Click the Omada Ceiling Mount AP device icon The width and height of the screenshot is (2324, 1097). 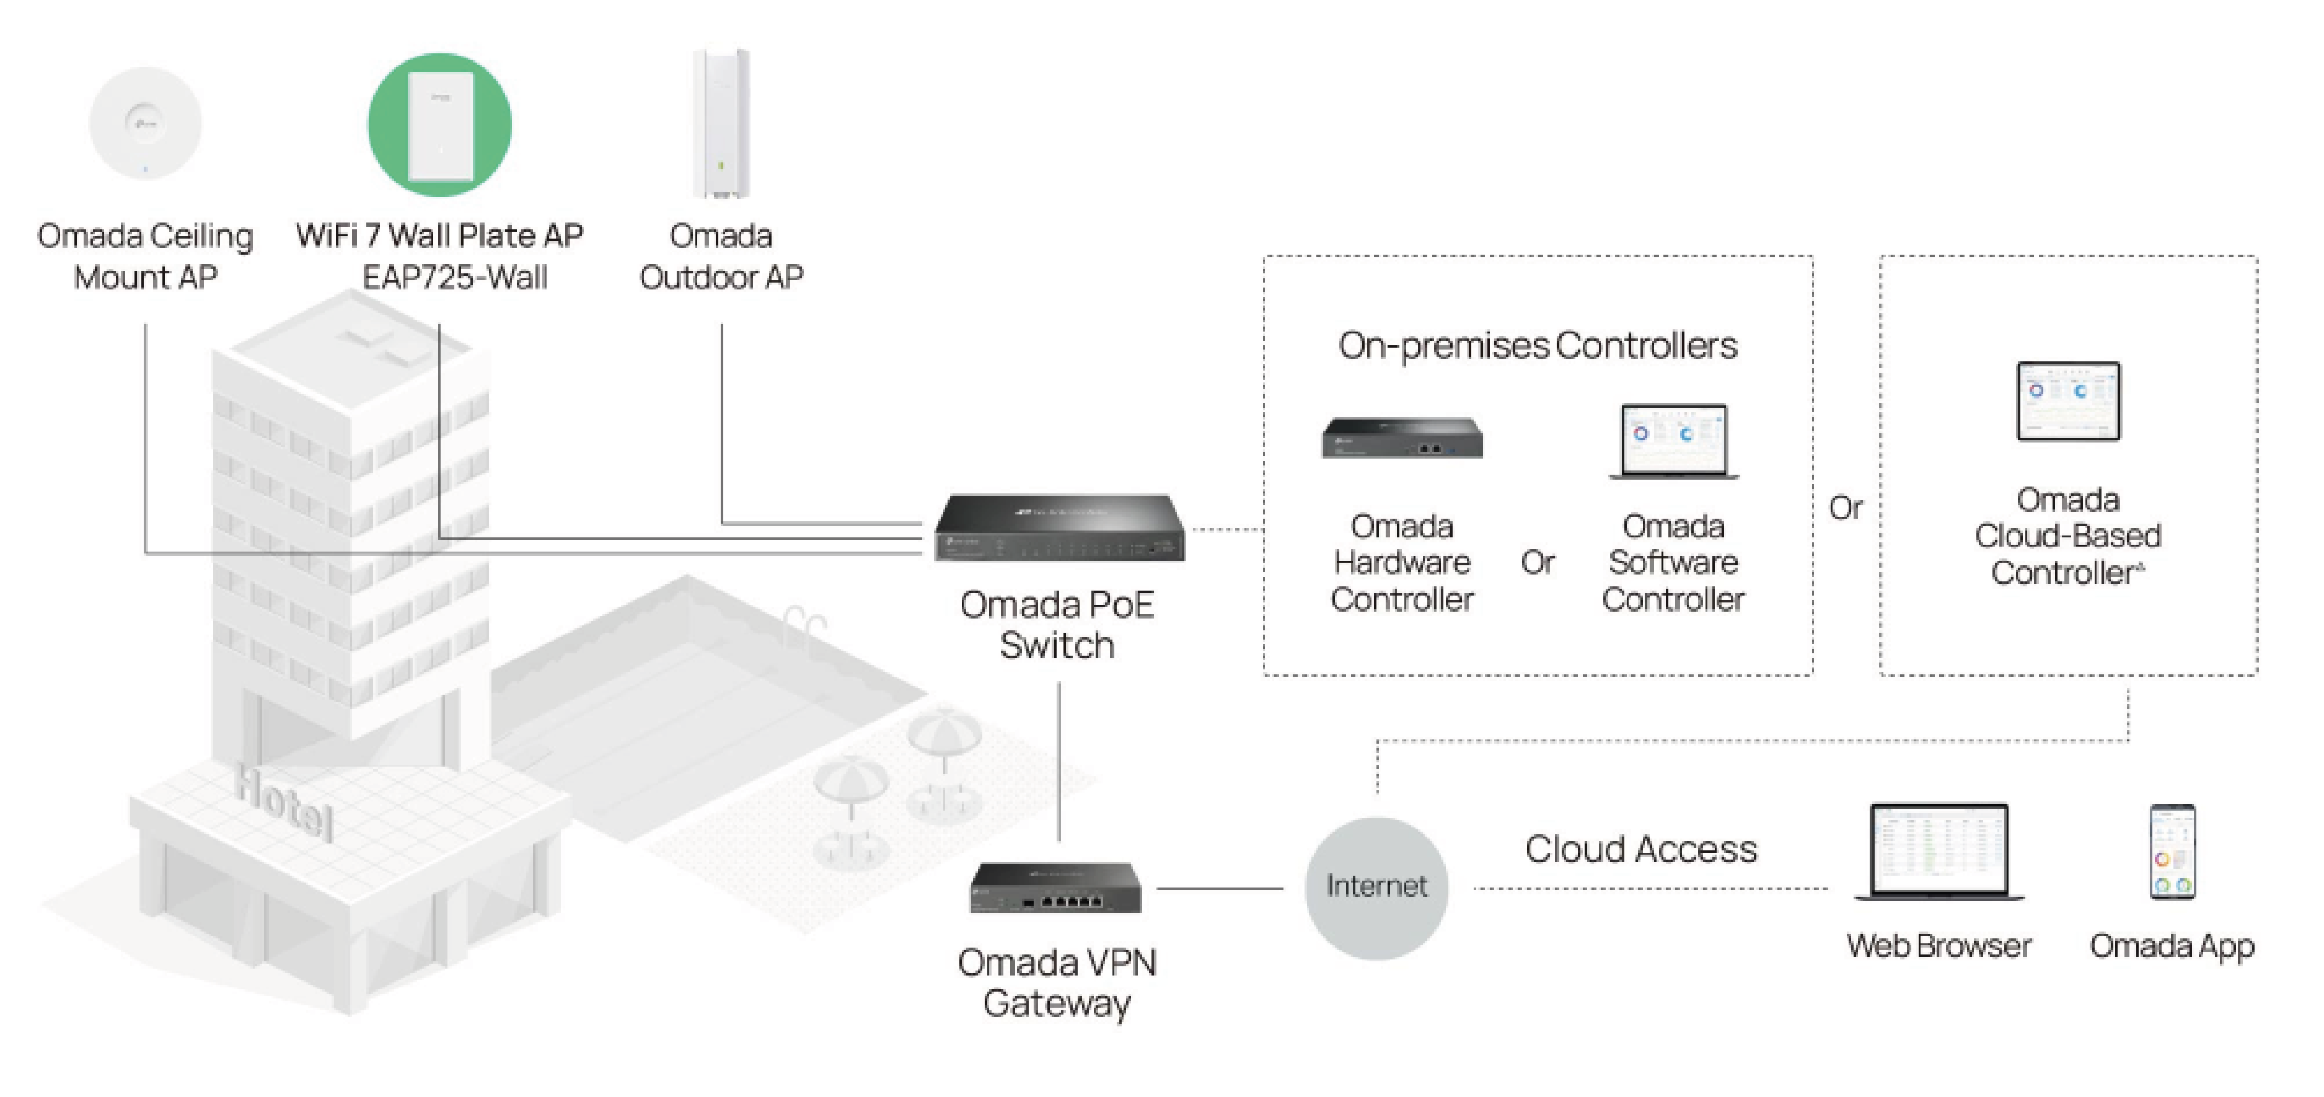click(x=145, y=123)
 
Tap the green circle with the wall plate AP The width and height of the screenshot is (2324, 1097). click(x=439, y=125)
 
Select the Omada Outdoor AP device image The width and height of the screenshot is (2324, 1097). click(x=721, y=123)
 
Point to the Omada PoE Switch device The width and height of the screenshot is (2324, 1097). click(x=1059, y=528)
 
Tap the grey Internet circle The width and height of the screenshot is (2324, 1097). click(x=1376, y=888)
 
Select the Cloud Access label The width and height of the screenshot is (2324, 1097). click(x=1640, y=849)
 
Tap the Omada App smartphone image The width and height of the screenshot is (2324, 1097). click(x=2172, y=852)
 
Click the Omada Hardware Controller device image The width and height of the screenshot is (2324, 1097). click(x=1402, y=438)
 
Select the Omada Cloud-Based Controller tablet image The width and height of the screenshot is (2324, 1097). click(x=2068, y=402)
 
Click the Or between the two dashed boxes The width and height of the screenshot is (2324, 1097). click(x=1846, y=508)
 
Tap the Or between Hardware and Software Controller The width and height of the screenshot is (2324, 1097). click(x=1538, y=563)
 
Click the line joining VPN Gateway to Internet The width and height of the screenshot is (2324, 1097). click(x=1220, y=889)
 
